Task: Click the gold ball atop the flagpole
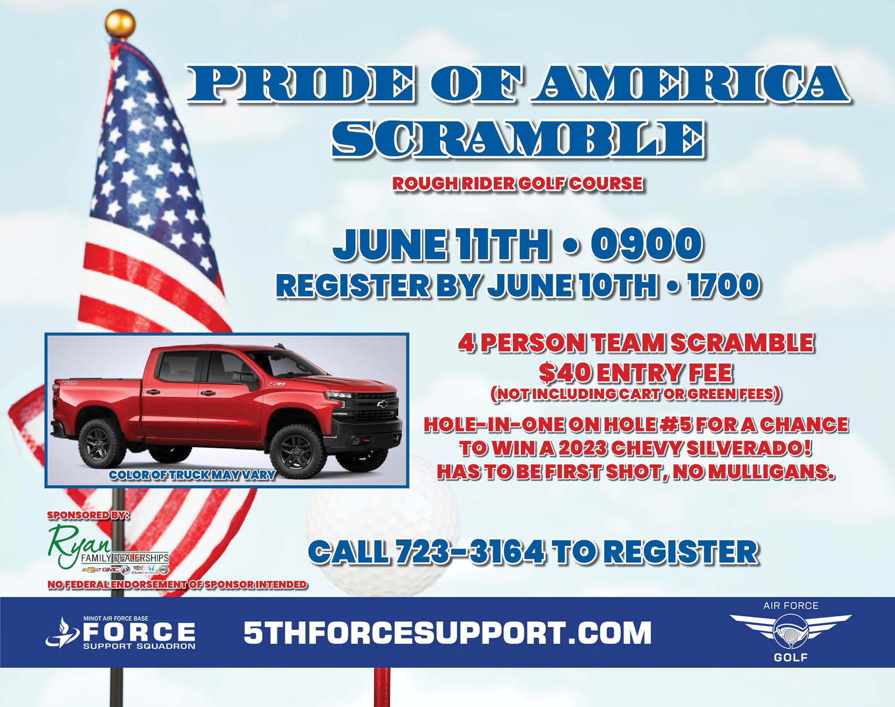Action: (x=120, y=24)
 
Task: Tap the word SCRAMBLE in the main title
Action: (x=517, y=139)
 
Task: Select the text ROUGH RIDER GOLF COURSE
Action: (x=517, y=183)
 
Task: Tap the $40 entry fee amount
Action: (x=565, y=373)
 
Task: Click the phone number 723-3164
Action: (x=470, y=552)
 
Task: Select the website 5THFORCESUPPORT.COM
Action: (x=447, y=632)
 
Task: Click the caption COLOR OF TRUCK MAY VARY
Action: (x=192, y=475)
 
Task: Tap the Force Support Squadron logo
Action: (x=120, y=632)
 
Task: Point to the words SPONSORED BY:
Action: (x=88, y=515)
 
